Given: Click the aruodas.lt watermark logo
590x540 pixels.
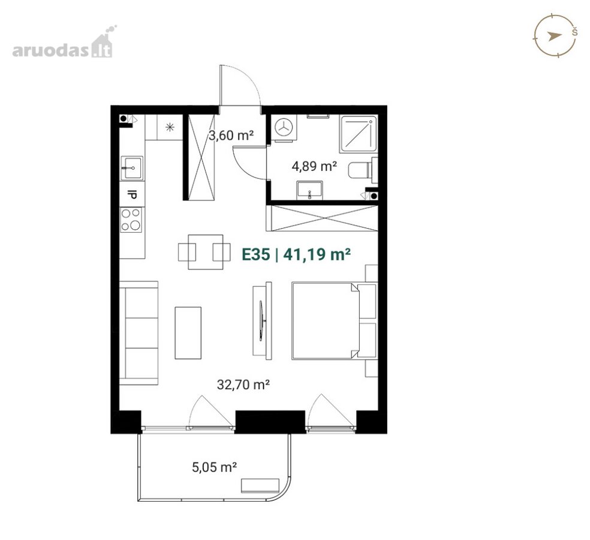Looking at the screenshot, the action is (x=63, y=42).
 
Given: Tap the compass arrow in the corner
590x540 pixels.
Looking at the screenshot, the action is (x=554, y=36).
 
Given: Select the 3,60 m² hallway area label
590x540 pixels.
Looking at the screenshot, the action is (x=231, y=135).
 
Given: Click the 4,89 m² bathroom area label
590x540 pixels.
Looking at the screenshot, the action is (x=314, y=166).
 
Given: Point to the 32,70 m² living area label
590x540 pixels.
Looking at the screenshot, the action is (x=243, y=385).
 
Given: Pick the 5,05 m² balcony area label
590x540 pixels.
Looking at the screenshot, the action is (x=215, y=467).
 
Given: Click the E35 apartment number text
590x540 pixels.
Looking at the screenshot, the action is (x=256, y=254).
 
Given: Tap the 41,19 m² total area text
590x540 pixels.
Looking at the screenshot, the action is (x=317, y=254).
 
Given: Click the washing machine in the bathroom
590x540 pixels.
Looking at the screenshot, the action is (x=284, y=128).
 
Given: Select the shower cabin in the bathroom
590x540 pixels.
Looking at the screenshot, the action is (x=358, y=134).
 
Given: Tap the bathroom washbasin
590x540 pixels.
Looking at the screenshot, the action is (x=309, y=190).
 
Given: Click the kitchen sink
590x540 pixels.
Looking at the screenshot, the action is (x=132, y=167).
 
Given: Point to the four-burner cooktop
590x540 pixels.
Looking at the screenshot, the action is (x=131, y=220).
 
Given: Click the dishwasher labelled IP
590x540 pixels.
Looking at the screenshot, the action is (x=132, y=194).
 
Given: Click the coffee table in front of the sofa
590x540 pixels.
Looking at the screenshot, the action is (x=188, y=333).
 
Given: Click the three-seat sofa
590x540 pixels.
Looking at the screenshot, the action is (x=139, y=333).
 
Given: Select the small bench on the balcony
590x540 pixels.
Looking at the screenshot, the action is (x=260, y=485).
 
